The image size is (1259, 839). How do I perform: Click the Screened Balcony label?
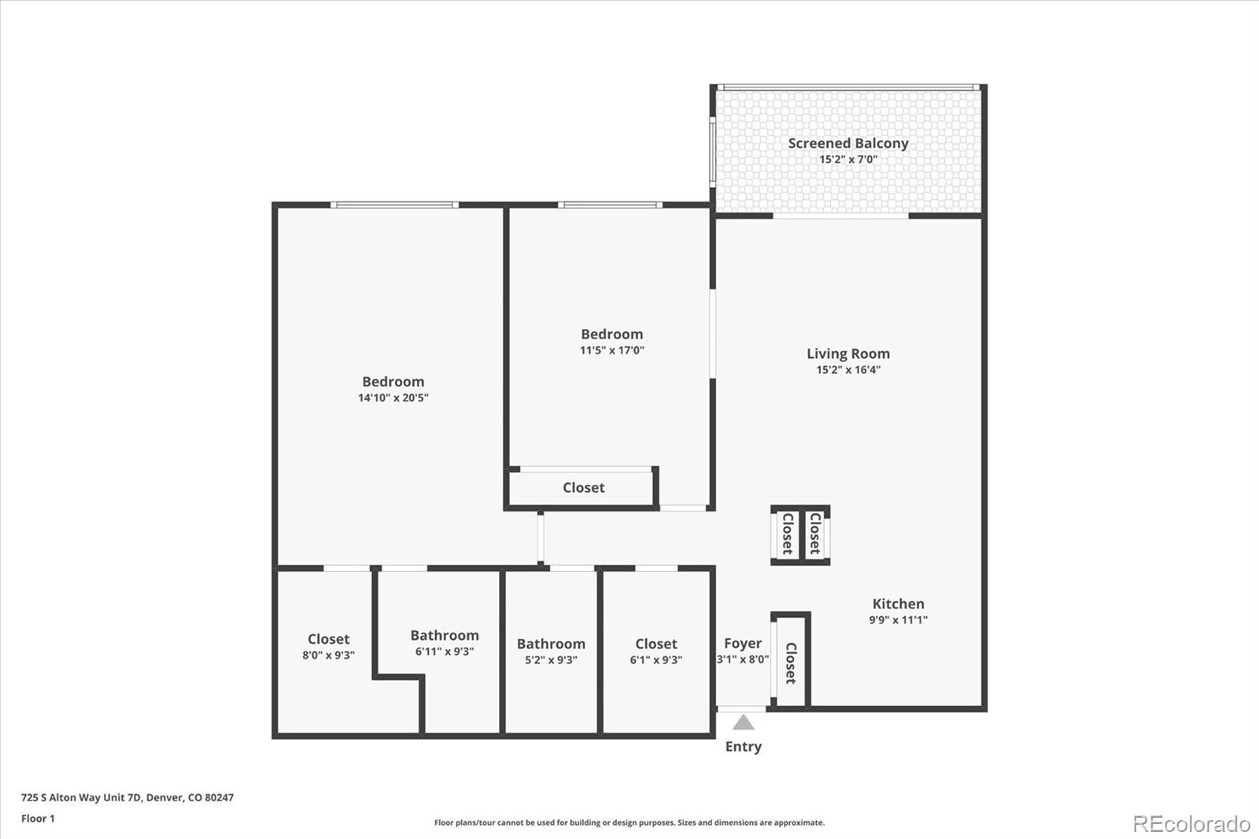(848, 143)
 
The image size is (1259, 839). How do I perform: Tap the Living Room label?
(848, 354)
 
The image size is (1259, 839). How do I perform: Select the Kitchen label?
(898, 604)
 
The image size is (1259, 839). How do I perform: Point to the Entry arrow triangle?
(744, 723)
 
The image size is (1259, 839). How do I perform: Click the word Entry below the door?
(744, 746)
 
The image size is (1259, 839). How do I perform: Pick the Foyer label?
(743, 643)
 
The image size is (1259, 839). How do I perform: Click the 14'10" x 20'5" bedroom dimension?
(393, 397)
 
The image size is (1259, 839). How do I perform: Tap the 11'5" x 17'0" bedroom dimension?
(612, 350)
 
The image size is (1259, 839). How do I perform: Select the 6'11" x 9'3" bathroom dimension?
(445, 651)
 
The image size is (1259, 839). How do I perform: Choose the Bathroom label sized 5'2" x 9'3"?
(551, 644)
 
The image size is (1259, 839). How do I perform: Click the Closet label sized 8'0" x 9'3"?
(328, 639)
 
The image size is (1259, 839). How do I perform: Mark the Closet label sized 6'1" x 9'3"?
(656, 644)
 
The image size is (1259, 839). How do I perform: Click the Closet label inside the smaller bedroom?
(584, 488)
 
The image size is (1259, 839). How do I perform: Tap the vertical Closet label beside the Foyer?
(791, 663)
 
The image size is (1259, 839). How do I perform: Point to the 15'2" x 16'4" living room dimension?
(848, 370)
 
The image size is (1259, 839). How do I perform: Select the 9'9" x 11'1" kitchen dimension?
(898, 619)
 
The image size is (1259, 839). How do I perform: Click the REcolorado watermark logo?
(1191, 824)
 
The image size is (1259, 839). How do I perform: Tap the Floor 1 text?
(38, 819)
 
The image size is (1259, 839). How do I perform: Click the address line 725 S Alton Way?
(127, 797)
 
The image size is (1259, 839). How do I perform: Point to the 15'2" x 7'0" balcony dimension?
(848, 159)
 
